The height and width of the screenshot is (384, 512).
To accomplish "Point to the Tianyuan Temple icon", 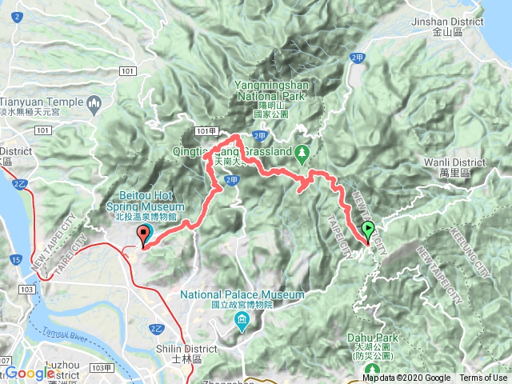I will [x=94, y=102].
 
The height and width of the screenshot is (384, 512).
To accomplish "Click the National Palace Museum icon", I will [x=242, y=322].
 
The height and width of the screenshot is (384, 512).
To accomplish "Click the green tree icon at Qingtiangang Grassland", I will [x=302, y=151].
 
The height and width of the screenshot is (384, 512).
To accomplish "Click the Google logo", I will [x=30, y=373].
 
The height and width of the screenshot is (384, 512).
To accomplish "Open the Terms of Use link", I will [x=483, y=378].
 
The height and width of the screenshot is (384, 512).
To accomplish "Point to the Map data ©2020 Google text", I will [x=406, y=378].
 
